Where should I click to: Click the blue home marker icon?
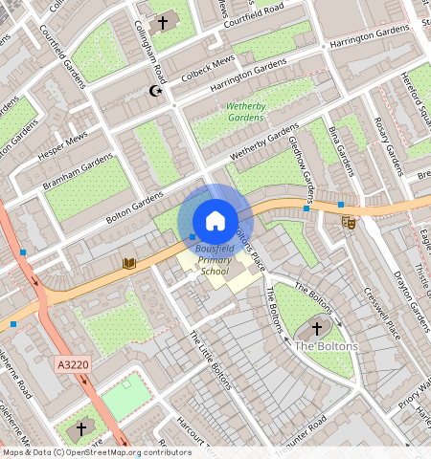(215, 220)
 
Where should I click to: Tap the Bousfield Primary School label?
(215, 261)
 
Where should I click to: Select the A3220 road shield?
(73, 364)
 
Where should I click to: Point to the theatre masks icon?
(349, 222)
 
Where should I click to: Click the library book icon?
(130, 262)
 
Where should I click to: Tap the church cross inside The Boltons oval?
(317, 328)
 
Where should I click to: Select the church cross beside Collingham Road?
(162, 21)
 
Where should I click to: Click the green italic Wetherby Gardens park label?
(246, 112)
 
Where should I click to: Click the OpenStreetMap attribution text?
(97, 452)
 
